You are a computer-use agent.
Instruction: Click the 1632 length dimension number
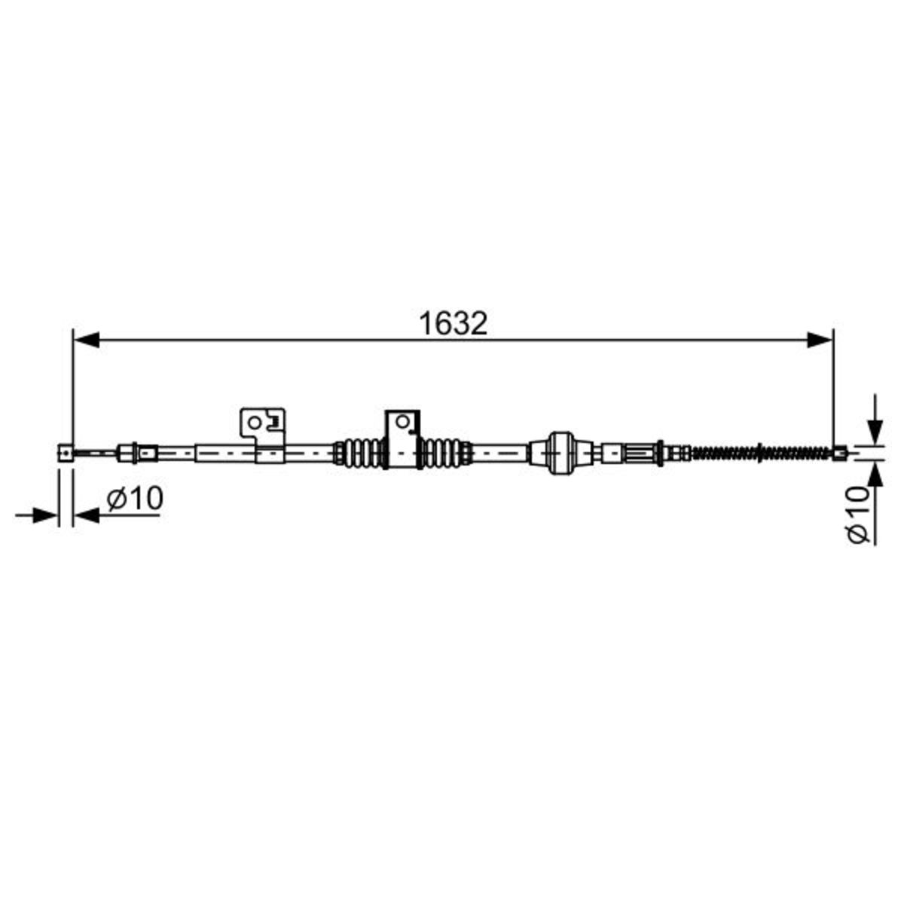(x=454, y=324)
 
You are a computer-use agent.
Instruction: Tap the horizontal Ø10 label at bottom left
(x=135, y=498)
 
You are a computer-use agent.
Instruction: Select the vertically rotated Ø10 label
(x=857, y=515)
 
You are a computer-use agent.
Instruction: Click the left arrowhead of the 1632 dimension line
(x=87, y=340)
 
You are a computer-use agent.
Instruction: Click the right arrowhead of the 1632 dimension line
(x=820, y=340)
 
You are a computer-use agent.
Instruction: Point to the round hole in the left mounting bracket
(x=255, y=423)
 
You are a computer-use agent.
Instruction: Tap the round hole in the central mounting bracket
(x=402, y=421)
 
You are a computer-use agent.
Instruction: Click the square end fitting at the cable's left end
(x=66, y=454)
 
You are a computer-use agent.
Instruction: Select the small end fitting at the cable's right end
(x=840, y=454)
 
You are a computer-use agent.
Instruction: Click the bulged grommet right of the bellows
(x=561, y=453)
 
